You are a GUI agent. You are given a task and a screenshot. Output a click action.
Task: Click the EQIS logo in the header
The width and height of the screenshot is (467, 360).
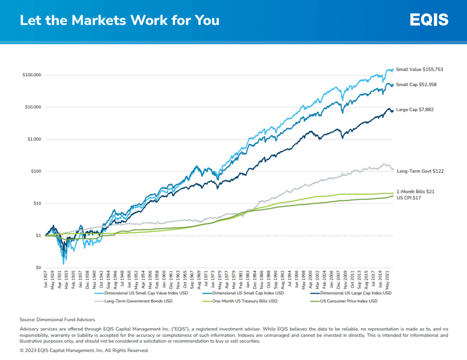429,20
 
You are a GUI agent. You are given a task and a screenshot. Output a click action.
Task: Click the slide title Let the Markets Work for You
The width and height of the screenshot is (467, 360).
119,20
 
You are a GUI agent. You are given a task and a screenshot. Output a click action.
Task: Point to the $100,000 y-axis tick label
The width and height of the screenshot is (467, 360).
32,75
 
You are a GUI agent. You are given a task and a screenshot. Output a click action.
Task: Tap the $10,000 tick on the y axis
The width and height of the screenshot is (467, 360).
33,107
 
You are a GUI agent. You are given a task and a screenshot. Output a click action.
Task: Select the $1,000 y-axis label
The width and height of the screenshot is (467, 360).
34,139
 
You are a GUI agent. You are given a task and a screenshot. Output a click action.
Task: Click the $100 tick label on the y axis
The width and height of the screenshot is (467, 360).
35,171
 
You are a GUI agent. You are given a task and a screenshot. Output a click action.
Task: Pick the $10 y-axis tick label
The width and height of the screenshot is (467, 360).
36,203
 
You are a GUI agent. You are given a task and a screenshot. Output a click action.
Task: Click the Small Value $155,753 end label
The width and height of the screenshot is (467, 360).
419,69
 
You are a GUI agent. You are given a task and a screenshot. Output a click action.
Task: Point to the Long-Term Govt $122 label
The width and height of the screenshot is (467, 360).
420,171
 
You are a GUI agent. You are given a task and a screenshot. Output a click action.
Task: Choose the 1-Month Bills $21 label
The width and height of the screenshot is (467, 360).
415,192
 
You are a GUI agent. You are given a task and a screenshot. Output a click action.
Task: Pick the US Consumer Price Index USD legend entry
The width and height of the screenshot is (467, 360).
348,301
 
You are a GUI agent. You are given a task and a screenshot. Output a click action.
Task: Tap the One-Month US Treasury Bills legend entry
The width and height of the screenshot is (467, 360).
244,301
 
